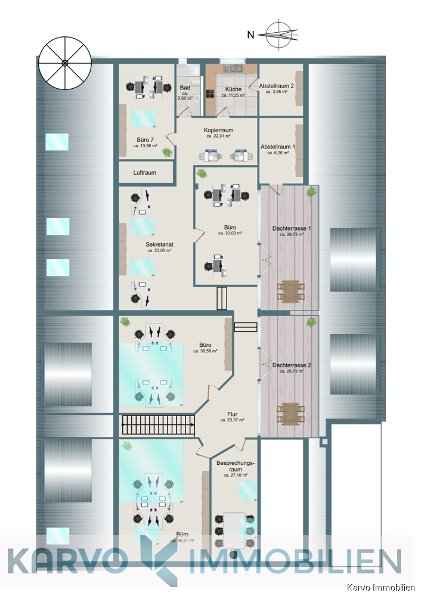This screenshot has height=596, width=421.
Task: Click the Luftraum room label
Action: (x=145, y=173)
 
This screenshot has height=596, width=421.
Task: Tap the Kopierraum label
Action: (x=218, y=130)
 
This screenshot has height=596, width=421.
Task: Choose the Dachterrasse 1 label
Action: (x=292, y=229)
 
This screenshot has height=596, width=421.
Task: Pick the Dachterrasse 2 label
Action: (x=292, y=365)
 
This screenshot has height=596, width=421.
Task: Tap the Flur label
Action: (x=232, y=414)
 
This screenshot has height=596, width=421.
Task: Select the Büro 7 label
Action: (x=145, y=140)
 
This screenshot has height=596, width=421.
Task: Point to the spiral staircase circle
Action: (x=64, y=63)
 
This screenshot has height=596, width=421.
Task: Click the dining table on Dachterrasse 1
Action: (x=290, y=291)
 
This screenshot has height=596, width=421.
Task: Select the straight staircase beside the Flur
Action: (x=159, y=425)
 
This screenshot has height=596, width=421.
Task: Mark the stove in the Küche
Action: (x=210, y=93)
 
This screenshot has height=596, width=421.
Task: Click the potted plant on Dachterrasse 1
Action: (x=311, y=193)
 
